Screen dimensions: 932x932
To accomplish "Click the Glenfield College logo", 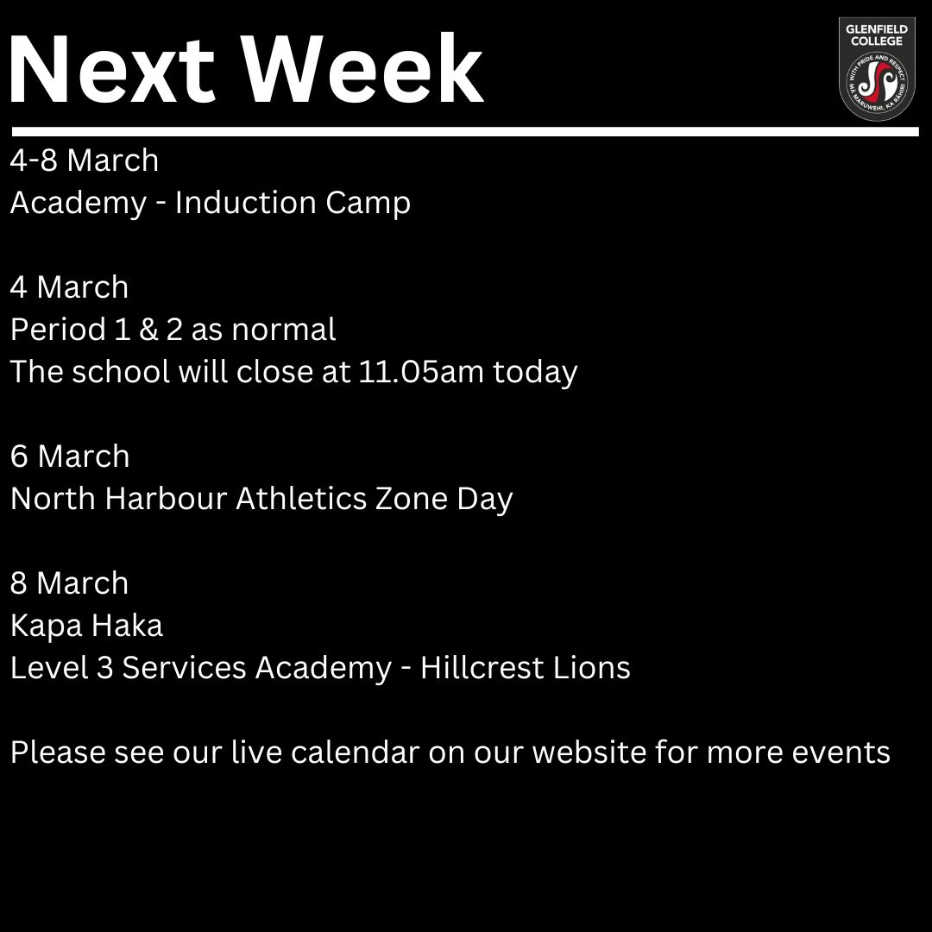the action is pyautogui.click(x=877, y=69).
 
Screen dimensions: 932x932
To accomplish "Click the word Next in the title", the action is pyautogui.click(x=111, y=70).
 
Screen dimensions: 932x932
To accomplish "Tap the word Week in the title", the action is pyautogui.click(x=364, y=69).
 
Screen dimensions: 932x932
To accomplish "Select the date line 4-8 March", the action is pyautogui.click(x=85, y=161).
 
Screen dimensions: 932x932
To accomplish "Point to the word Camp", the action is pyautogui.click(x=368, y=204).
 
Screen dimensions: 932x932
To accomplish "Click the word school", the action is pyautogui.click(x=122, y=371).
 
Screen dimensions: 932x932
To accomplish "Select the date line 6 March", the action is pyautogui.click(x=70, y=457).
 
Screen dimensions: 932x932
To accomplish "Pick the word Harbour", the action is pyautogui.click(x=166, y=498).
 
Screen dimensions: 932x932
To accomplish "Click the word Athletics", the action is pyautogui.click(x=301, y=498).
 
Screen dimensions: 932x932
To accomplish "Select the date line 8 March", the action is pyautogui.click(x=70, y=583).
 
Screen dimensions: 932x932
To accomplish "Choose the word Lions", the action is pyautogui.click(x=591, y=667).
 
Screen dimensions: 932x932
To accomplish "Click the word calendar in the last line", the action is pyautogui.click(x=356, y=752).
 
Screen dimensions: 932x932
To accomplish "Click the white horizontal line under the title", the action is pyautogui.click(x=465, y=131).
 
